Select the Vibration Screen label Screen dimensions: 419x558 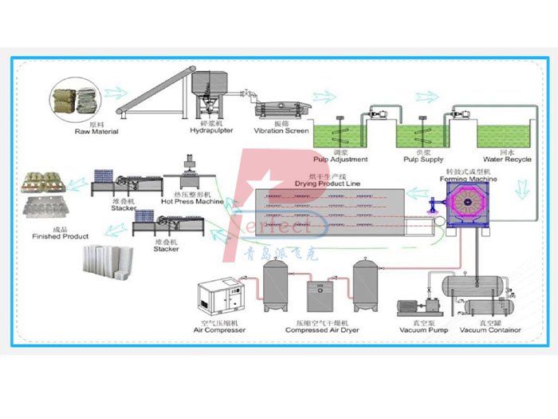281,131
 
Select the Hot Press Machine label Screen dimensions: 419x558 192,201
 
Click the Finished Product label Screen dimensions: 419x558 60,237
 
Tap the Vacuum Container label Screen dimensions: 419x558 489,330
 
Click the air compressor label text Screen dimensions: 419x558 219,330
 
